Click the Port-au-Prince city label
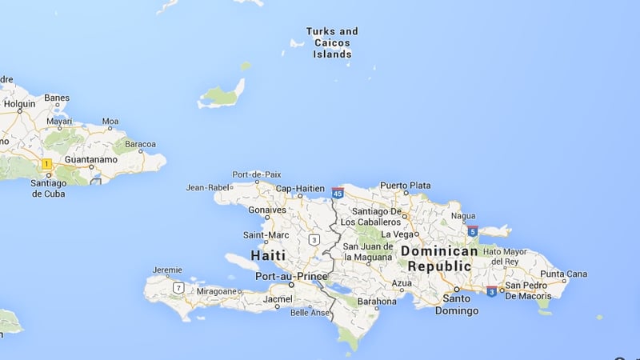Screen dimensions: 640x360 coord(286,276)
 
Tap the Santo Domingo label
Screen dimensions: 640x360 coord(457,305)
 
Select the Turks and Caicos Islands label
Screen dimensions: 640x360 coord(332,43)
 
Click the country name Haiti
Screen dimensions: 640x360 coord(268,256)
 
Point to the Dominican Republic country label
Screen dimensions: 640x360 coord(439,258)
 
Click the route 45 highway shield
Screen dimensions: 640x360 coord(338,193)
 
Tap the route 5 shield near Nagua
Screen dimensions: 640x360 coord(473,231)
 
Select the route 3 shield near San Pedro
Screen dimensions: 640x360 coord(490,290)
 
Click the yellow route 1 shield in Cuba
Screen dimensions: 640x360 coord(46,164)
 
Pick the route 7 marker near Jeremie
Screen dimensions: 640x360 coord(178,287)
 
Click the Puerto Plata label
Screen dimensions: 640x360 coord(405,186)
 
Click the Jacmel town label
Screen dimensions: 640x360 coord(279,298)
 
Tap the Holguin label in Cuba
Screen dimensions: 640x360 coord(19,104)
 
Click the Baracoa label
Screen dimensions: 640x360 coord(139,145)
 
